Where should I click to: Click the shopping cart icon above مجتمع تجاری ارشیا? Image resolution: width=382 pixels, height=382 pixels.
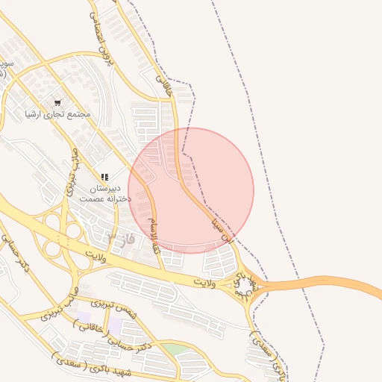[57, 101]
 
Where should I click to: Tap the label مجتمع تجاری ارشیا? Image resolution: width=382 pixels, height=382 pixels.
[57, 114]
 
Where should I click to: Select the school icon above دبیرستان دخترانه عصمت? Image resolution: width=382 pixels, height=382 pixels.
[105, 177]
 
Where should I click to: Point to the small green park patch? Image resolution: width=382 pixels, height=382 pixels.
[175, 349]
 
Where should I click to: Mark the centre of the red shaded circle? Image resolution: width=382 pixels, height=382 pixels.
[191, 191]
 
